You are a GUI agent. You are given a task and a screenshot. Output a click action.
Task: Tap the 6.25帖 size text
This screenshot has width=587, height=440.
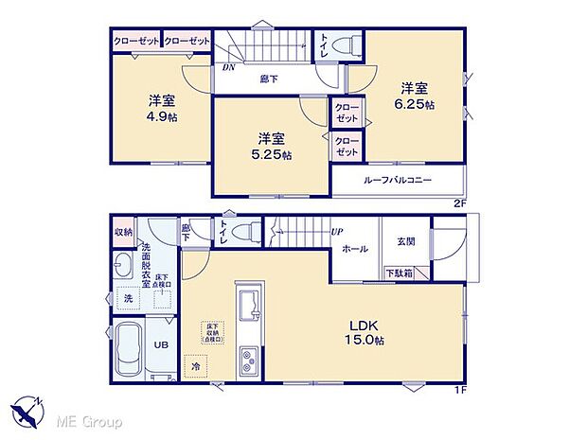(414, 104)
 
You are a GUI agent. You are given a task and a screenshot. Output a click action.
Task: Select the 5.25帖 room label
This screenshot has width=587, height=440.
(271, 154)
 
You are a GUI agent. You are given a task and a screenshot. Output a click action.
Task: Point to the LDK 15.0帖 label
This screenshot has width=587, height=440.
(364, 332)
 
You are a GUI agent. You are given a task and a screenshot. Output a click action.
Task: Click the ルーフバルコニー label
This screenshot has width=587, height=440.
(397, 180)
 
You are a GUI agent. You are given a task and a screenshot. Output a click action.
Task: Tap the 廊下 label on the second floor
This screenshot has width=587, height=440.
(270, 79)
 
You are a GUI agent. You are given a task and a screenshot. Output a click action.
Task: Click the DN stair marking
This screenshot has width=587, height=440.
(228, 68)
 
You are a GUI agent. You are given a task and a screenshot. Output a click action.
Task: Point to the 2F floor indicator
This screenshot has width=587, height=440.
(460, 202)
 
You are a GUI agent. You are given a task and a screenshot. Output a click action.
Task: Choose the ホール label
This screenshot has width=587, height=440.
(355, 251)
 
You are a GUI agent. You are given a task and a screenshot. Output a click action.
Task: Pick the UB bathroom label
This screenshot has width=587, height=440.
(163, 345)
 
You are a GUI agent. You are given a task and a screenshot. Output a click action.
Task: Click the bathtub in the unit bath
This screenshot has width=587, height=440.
(128, 349)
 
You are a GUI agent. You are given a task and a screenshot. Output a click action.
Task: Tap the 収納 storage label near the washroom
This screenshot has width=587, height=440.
(124, 232)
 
